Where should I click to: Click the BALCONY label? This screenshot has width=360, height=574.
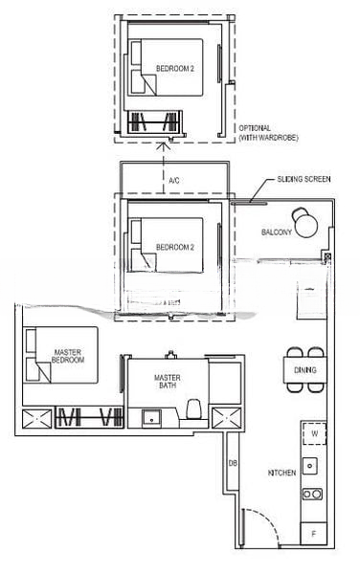click(277, 232)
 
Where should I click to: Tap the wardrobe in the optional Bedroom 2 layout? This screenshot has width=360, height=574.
click(153, 121)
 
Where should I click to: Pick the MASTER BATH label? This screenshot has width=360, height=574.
click(168, 382)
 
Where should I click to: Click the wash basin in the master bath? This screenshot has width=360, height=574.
click(150, 417)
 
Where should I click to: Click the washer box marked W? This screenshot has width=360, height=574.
click(313, 434)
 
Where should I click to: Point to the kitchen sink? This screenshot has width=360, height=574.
click(310, 467)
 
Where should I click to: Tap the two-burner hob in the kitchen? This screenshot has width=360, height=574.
click(311, 494)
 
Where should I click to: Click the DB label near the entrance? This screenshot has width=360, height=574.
click(233, 463)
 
